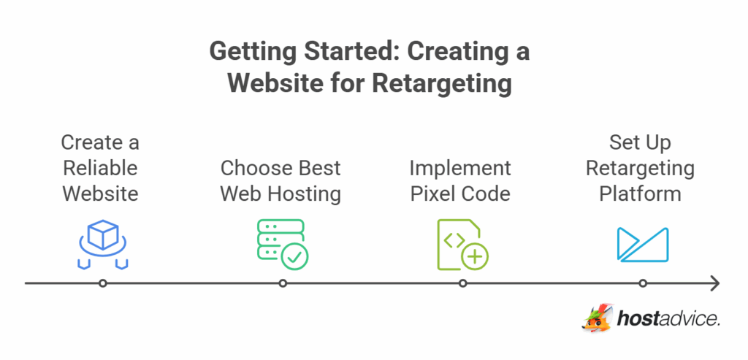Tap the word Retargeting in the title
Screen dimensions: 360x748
[x=441, y=83]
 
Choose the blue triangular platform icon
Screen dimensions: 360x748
[x=642, y=245]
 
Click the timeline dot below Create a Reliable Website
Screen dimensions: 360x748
[x=103, y=283]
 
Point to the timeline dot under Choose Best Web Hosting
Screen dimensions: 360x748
[x=283, y=283]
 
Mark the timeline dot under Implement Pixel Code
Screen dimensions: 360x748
[x=463, y=283]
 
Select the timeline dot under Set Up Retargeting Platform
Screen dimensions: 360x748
[x=643, y=283]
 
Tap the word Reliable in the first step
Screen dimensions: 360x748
[x=100, y=168]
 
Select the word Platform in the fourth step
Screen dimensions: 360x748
[x=640, y=194]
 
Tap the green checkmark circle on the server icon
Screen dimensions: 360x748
[x=296, y=256]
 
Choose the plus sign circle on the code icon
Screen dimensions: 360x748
[x=476, y=256]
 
